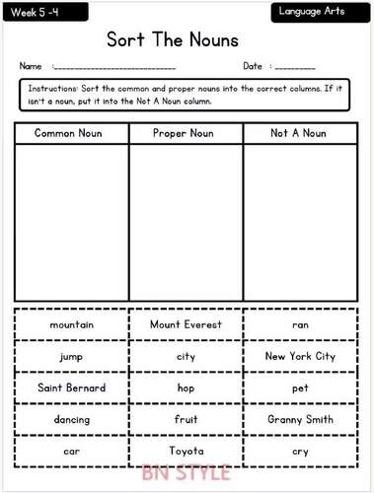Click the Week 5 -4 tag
(x=37, y=12)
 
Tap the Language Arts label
(x=317, y=12)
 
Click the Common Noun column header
(x=70, y=132)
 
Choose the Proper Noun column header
(x=186, y=132)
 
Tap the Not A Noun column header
(x=300, y=132)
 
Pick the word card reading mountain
(x=70, y=324)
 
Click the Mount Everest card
(x=186, y=324)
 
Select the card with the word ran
(x=300, y=324)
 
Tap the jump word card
(x=70, y=356)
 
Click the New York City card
(x=300, y=356)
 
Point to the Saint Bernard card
(x=70, y=387)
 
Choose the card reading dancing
(x=70, y=419)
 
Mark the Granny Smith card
(x=300, y=419)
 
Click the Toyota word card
(x=186, y=451)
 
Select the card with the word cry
(x=300, y=451)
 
